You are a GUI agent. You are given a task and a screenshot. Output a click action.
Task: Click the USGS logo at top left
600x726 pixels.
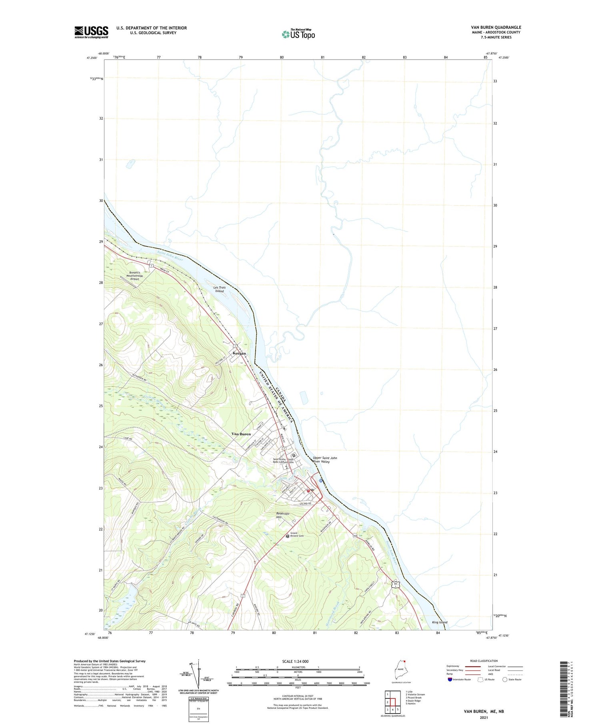91,32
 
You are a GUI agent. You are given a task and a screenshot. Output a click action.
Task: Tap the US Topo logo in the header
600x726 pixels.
298,34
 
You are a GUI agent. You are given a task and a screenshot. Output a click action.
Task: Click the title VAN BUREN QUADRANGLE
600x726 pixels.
496,27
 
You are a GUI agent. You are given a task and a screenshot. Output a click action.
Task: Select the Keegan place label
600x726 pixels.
239,354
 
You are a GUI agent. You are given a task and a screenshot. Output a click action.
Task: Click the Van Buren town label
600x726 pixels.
241,434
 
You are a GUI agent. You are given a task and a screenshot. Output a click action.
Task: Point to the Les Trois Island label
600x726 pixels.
220,289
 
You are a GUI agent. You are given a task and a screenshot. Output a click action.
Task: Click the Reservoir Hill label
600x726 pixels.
283,515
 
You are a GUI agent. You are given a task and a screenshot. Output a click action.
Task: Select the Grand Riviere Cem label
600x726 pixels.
297,535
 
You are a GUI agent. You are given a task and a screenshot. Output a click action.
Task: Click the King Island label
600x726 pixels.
440,622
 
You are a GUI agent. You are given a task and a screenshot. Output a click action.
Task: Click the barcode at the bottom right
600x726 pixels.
564,689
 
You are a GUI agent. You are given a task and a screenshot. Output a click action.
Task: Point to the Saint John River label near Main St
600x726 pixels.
170,256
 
